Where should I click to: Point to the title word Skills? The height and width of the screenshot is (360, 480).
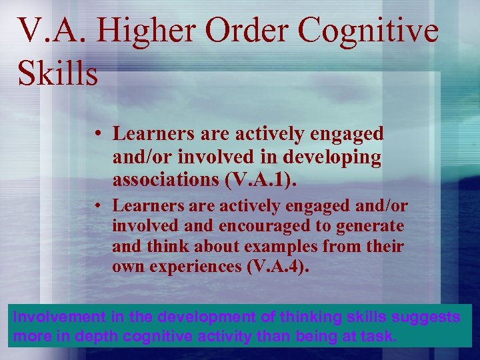pos(59,73)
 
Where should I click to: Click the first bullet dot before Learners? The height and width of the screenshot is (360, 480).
pos(97,134)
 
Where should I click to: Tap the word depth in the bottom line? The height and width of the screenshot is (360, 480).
pos(104,336)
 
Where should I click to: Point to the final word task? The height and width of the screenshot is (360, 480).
pos(379,336)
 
